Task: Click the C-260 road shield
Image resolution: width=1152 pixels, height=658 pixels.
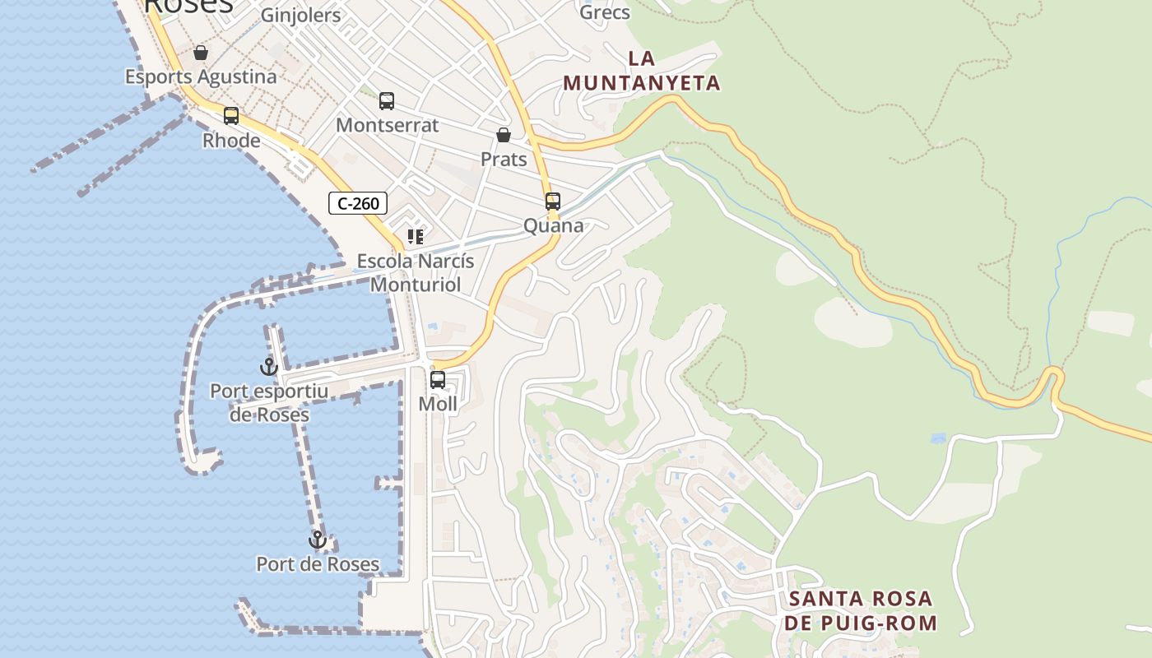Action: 358,203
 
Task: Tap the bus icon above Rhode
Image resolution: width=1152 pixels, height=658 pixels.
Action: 231,116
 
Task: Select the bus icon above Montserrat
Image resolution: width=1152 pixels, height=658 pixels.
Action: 387,101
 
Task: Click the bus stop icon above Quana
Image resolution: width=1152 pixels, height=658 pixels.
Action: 553,202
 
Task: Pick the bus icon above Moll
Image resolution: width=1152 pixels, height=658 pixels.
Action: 438,380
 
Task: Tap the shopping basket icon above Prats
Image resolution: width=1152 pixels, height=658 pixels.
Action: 504,135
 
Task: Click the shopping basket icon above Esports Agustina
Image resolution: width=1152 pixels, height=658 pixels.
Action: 201,53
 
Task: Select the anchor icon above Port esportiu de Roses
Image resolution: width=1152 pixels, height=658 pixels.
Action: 269,367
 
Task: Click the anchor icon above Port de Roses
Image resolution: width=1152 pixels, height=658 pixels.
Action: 318,540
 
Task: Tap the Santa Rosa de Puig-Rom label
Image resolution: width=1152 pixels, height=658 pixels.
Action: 860,610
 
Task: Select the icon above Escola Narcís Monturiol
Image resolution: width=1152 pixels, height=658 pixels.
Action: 416,238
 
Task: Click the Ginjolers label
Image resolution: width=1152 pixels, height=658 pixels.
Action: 300,15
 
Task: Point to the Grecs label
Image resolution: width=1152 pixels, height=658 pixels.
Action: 605,12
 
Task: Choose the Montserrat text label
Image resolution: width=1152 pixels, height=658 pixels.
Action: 388,126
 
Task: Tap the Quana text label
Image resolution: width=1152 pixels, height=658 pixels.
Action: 554,226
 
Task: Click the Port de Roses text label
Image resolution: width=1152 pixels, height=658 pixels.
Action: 318,564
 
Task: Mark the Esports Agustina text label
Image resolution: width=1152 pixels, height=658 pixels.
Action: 201,76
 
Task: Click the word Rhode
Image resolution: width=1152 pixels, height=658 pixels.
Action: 231,141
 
